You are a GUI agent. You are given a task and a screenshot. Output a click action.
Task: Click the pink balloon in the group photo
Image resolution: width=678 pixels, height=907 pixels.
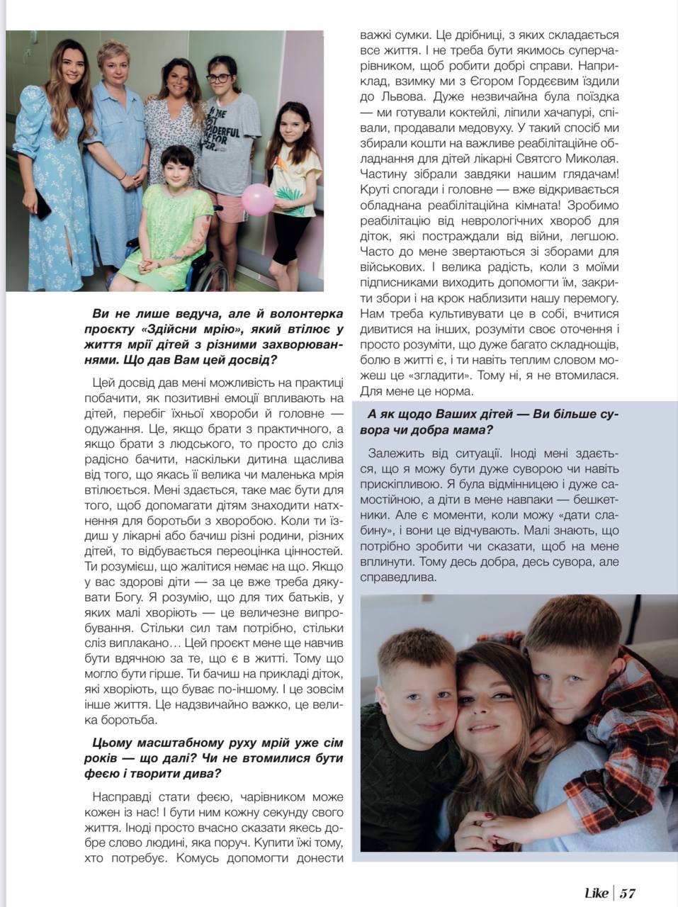(256, 200)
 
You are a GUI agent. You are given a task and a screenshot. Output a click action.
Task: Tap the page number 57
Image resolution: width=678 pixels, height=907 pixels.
(628, 893)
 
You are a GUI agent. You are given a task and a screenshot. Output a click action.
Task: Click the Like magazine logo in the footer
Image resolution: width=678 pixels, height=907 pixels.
(597, 893)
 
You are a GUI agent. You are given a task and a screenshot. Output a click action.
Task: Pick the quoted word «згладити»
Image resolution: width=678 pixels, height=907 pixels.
(442, 376)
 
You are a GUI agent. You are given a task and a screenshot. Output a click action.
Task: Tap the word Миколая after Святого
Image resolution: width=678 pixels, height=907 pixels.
(589, 159)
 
